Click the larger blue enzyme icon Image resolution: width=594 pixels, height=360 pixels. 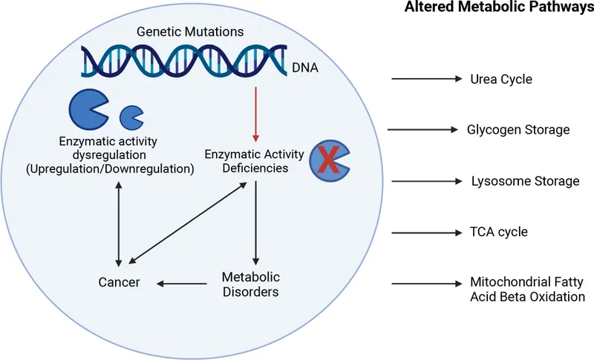coord(88,110)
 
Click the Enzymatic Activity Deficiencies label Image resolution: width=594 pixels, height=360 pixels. coord(255,161)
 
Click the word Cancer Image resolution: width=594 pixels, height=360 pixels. coord(119,282)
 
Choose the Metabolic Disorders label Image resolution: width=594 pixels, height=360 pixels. coord(250,284)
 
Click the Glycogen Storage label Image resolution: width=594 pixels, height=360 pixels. coord(518,130)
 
